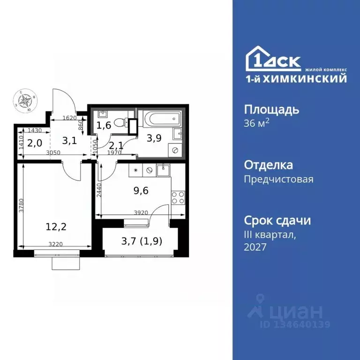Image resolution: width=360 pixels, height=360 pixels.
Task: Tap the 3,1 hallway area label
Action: pyautogui.click(x=69, y=139)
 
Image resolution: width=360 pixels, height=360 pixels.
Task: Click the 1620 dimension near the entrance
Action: pyautogui.click(x=69, y=118)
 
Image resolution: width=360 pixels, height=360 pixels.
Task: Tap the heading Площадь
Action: pyautogui.click(x=272, y=110)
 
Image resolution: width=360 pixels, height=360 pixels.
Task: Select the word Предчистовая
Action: pyautogui.click(x=278, y=179)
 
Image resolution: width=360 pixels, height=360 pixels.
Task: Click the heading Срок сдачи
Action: pyautogui.click(x=277, y=220)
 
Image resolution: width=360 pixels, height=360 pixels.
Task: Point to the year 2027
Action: pyautogui.click(x=255, y=247)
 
